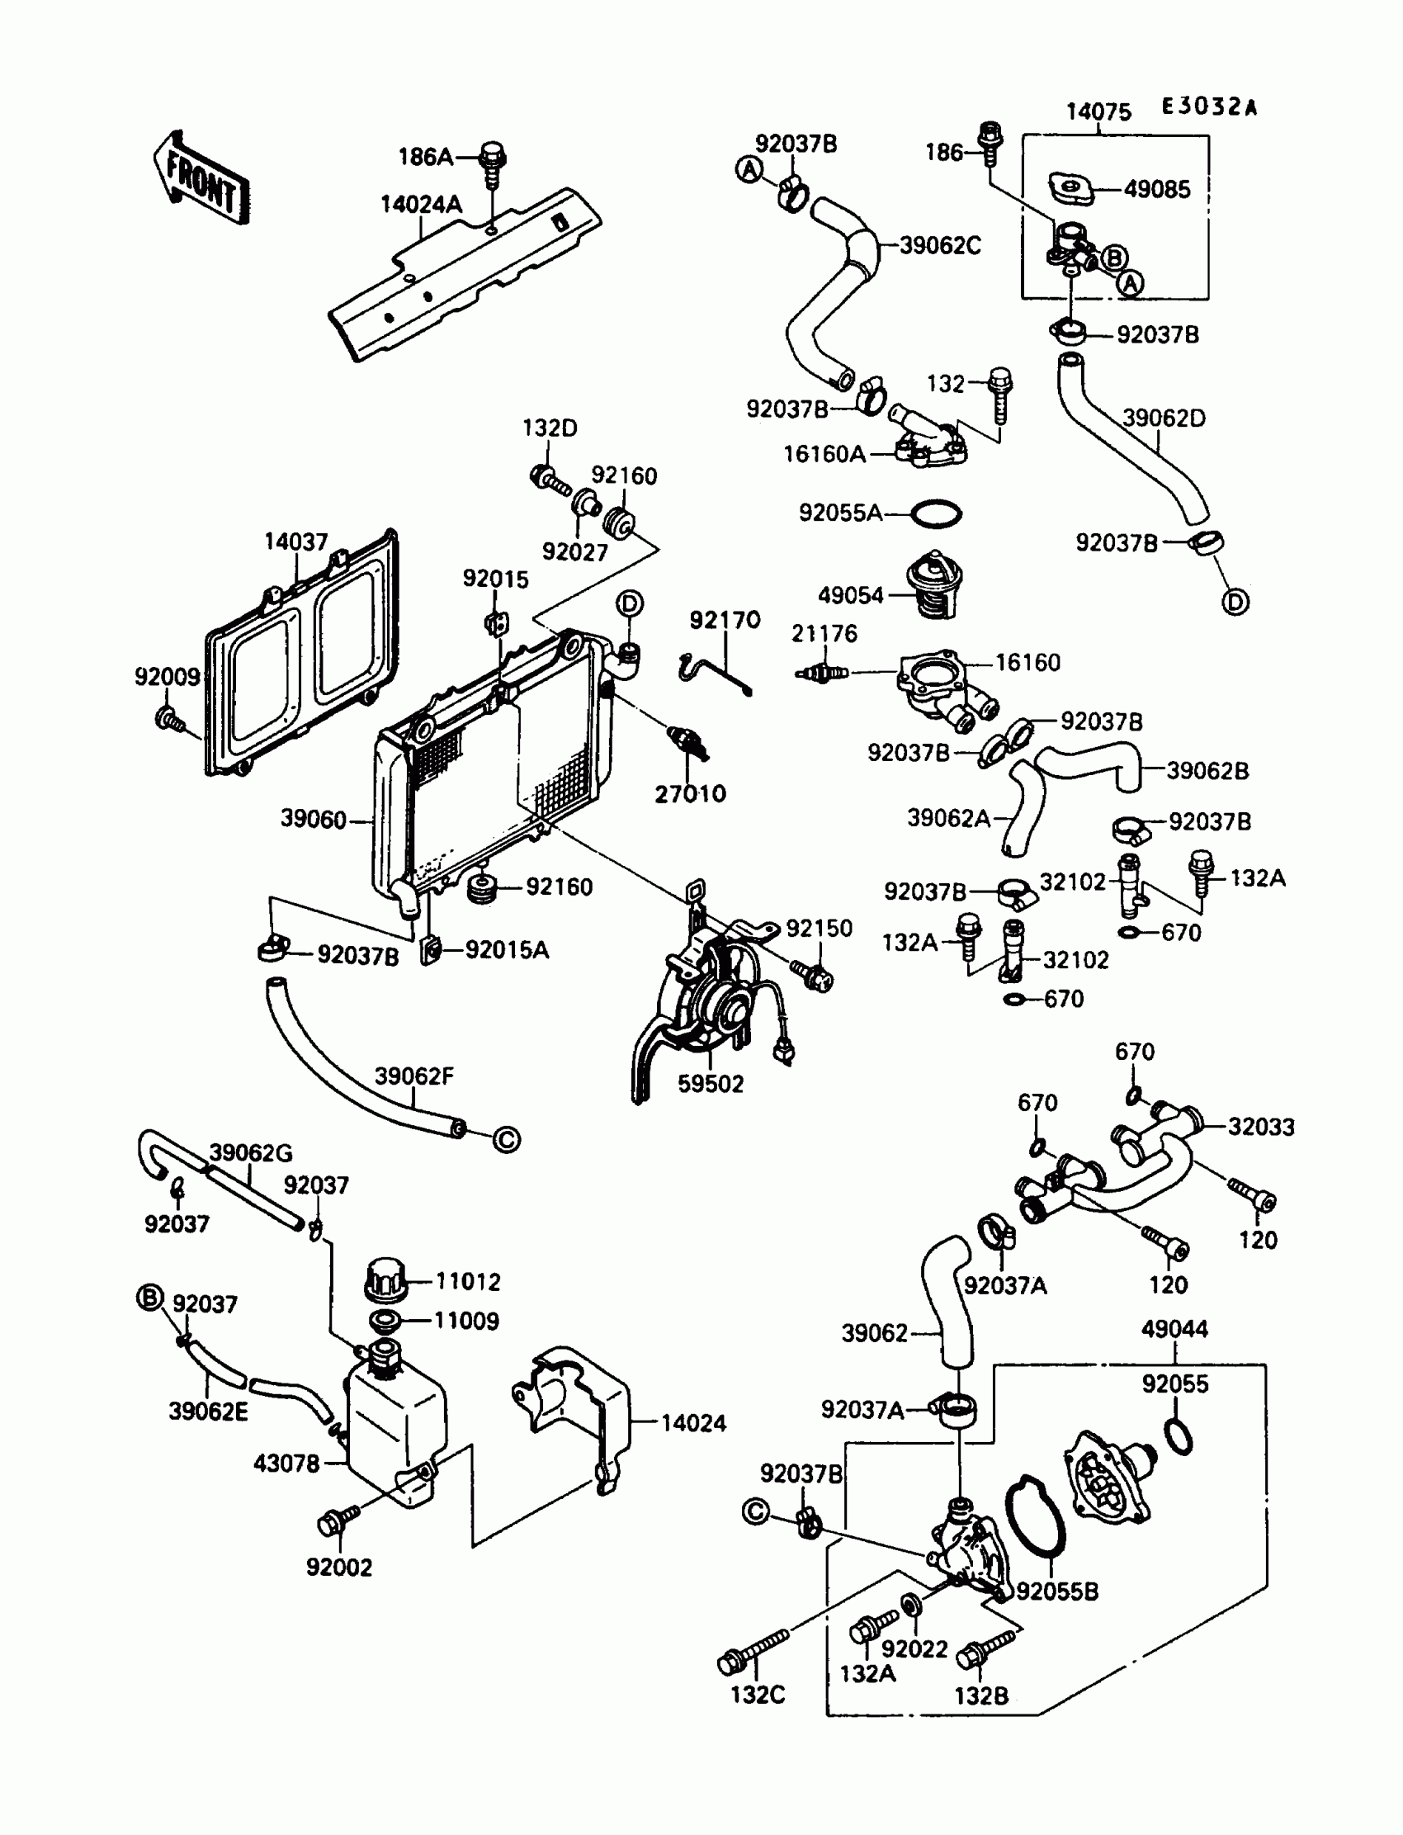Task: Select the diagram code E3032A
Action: point(1208,107)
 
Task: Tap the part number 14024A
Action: point(421,205)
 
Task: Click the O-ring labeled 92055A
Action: point(935,513)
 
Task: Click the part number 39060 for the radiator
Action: point(313,820)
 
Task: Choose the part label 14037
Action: point(295,542)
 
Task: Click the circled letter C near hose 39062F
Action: point(507,1139)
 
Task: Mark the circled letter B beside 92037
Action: point(149,1298)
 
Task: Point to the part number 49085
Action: point(1156,190)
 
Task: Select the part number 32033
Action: point(1261,1127)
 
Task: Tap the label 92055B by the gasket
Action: point(1056,1592)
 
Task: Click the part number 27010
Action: point(690,793)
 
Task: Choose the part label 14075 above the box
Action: point(1098,112)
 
